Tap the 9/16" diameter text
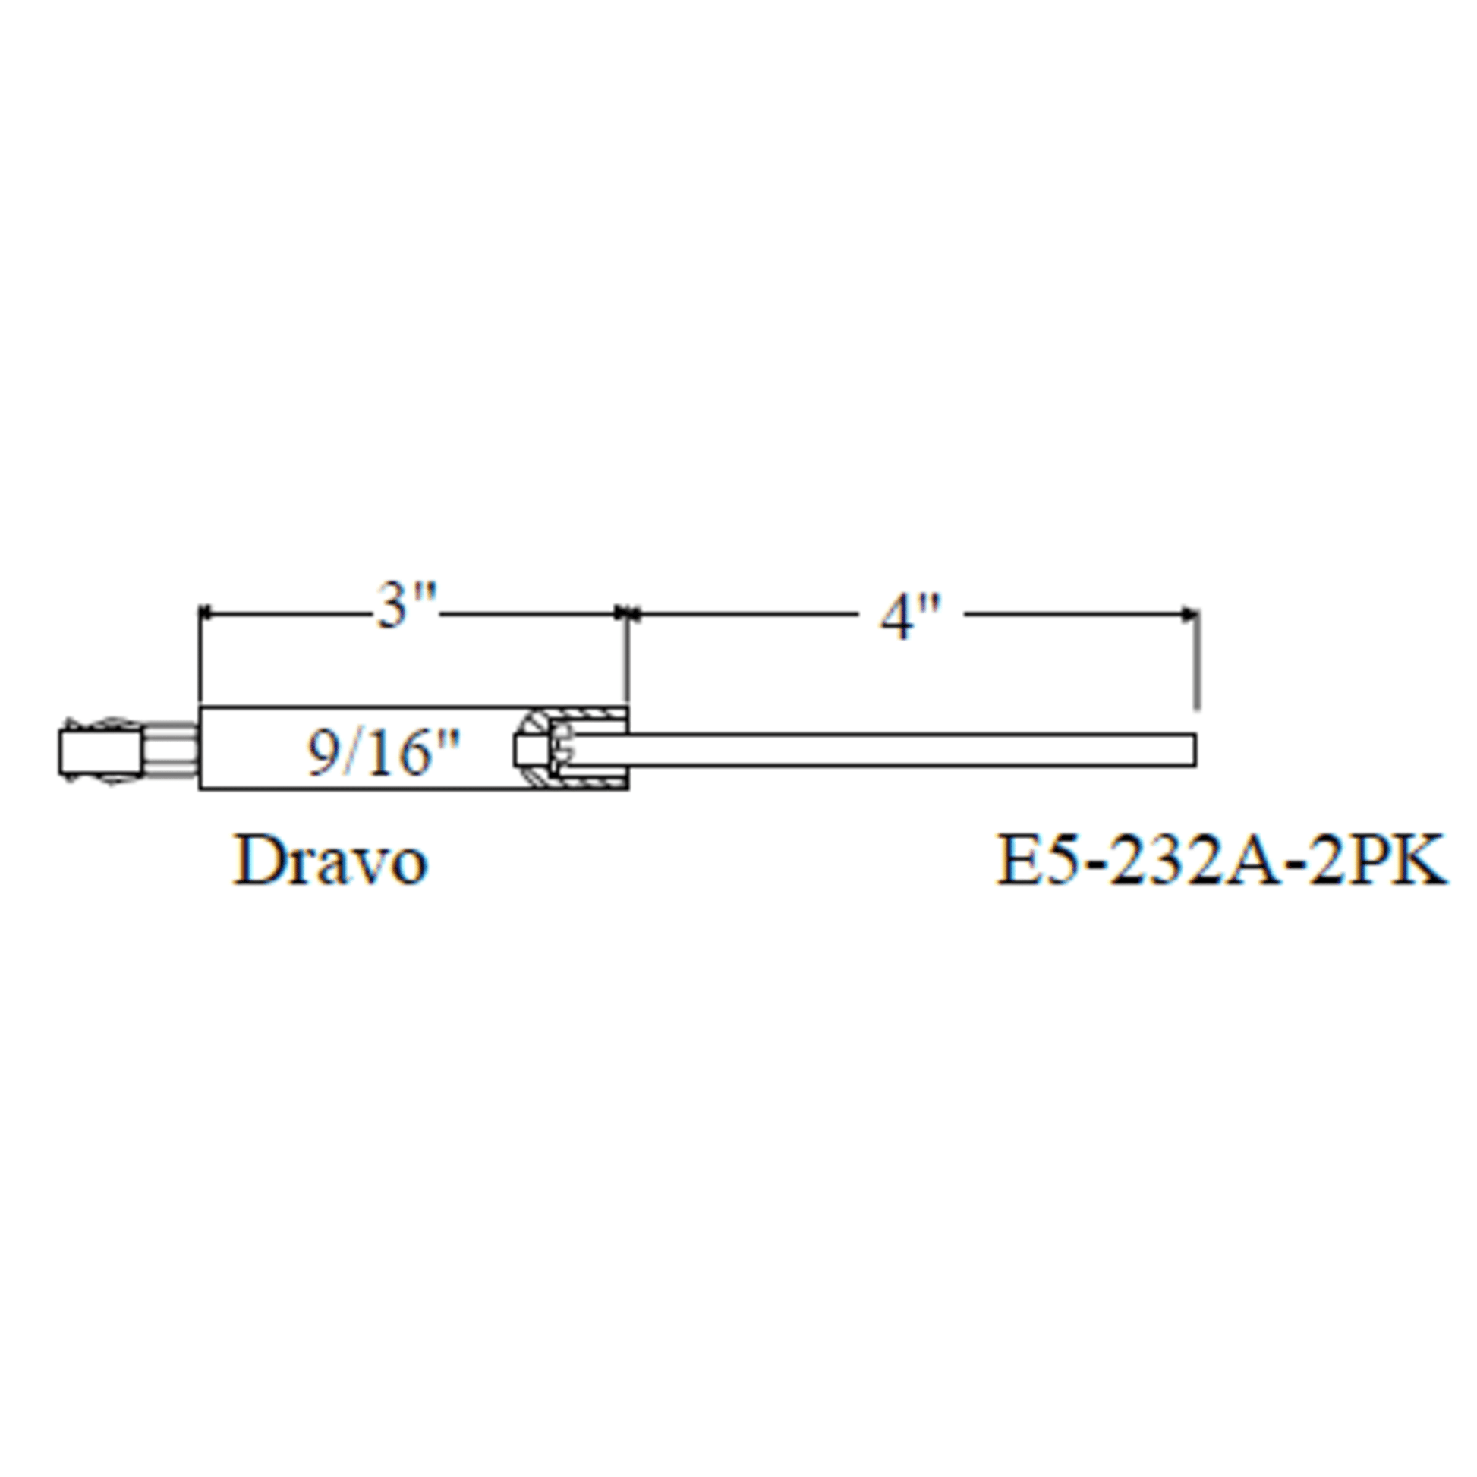[x=385, y=752]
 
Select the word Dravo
[x=330, y=861]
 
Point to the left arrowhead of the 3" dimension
[x=206, y=613]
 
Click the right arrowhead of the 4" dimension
[x=1190, y=613]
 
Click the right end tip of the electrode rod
[x=1195, y=749]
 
